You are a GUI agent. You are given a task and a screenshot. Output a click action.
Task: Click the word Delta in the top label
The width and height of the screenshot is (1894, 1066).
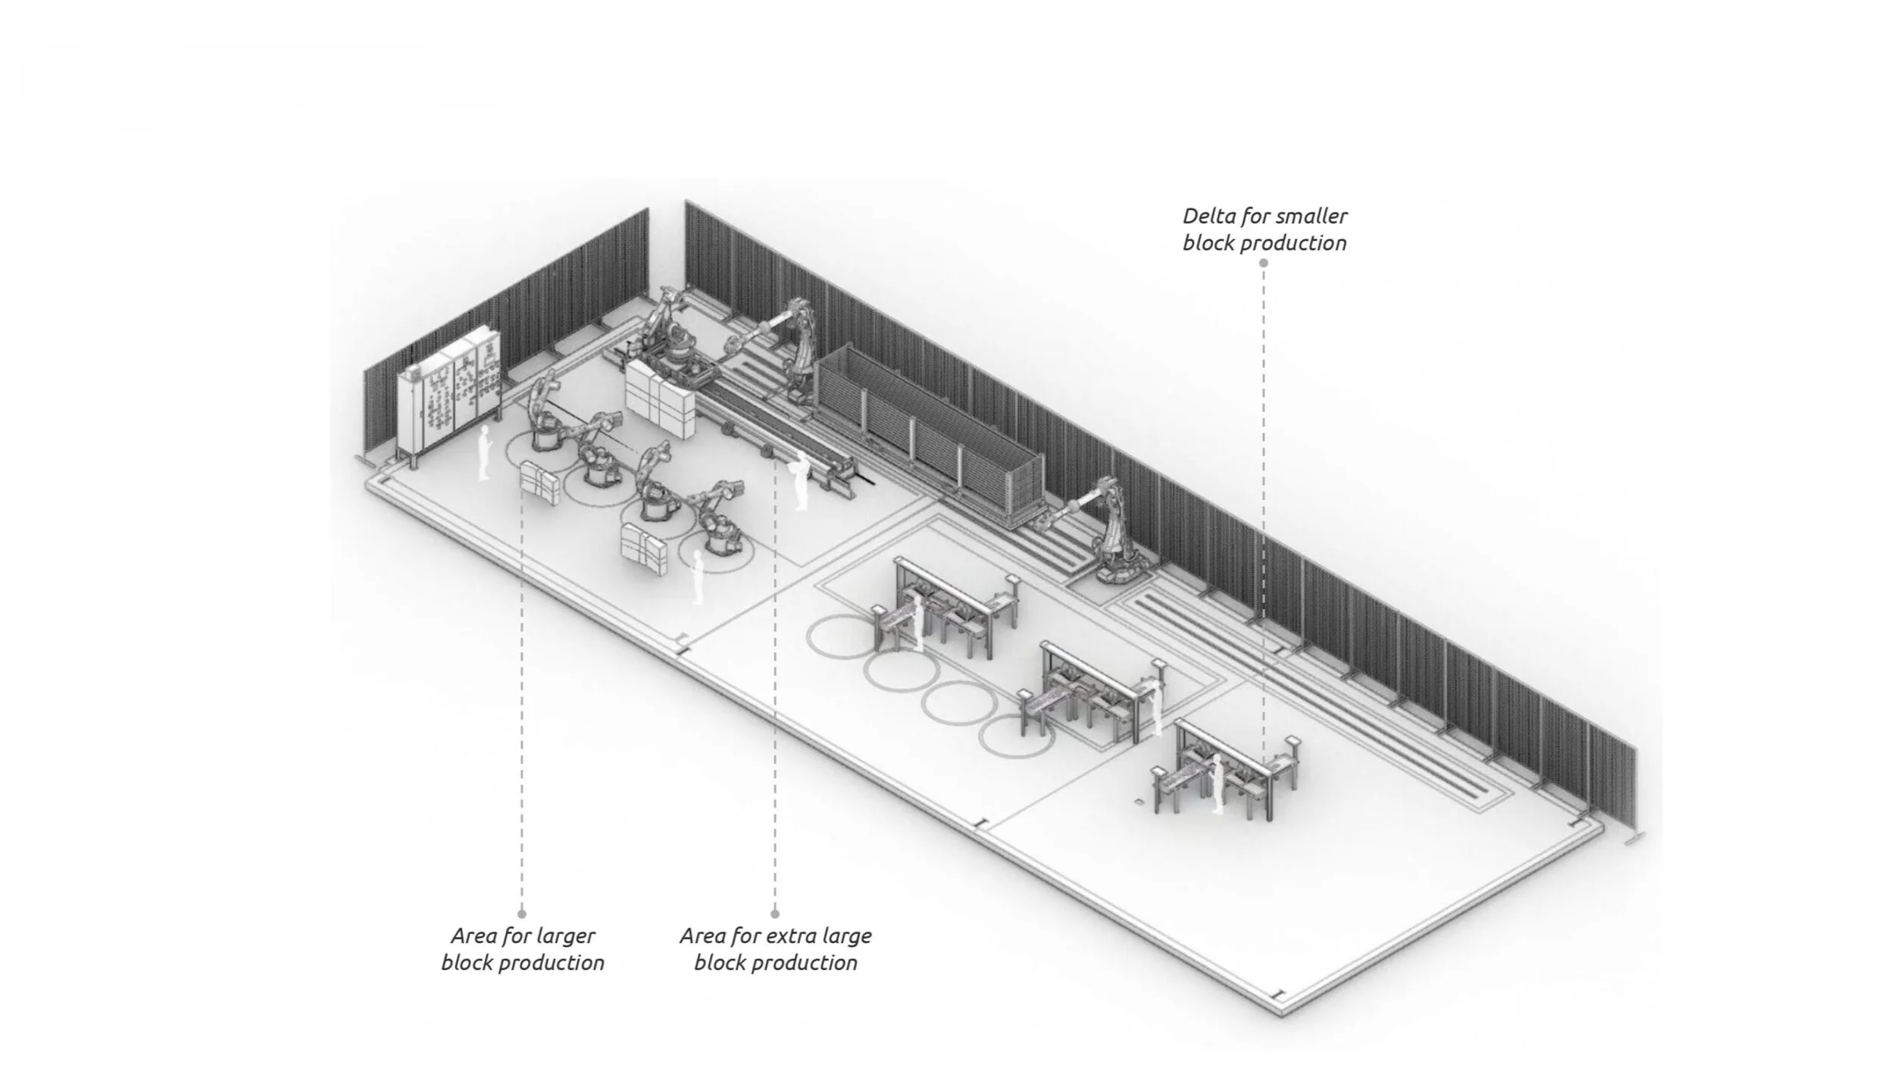point(1210,217)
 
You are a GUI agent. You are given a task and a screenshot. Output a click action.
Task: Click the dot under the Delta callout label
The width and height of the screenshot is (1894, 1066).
point(1263,263)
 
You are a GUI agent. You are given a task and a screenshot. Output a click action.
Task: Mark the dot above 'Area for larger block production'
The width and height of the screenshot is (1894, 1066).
point(522,914)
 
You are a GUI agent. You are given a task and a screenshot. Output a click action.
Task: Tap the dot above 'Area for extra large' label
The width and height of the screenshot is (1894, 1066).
point(774,914)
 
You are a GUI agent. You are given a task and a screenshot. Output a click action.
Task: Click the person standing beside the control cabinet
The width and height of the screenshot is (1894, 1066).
point(483,452)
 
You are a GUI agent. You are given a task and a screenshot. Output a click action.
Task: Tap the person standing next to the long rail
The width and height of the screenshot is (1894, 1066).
point(799,480)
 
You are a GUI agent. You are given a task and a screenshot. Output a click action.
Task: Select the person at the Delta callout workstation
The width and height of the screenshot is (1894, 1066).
point(1217,784)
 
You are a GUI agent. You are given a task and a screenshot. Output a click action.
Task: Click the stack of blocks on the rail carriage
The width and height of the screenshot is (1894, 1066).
point(659,399)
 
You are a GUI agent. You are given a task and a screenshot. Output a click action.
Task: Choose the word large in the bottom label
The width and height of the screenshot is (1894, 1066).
point(846,936)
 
